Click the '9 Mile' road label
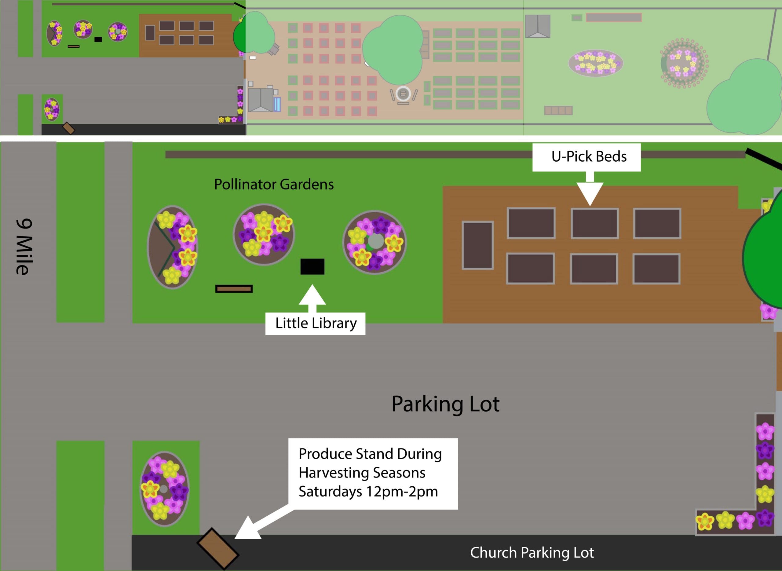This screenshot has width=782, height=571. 24,247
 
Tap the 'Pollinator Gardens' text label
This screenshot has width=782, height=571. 274,184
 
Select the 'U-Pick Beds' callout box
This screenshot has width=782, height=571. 586,157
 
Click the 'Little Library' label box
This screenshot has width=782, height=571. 315,324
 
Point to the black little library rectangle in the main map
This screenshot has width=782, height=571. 312,266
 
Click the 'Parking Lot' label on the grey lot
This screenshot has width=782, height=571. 445,404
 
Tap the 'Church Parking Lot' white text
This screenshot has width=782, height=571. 532,553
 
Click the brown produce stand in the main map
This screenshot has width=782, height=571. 218,548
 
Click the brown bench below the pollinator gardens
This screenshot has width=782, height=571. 234,289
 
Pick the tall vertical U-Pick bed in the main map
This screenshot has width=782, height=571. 477,245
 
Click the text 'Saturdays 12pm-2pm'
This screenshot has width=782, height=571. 368,491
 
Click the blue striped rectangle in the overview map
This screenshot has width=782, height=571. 277,104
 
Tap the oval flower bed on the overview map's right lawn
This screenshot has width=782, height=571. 595,63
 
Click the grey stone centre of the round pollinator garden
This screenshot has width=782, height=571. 376,241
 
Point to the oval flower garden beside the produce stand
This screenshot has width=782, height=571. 164,489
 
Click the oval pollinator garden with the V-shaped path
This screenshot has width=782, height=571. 172,247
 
